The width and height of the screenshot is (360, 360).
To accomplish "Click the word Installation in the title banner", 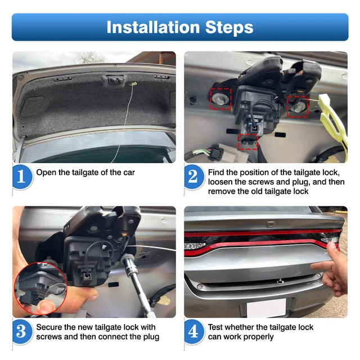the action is [x=153, y=28].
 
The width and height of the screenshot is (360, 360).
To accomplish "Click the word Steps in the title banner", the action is [x=229, y=28].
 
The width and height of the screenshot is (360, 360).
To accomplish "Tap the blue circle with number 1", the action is [x=22, y=177].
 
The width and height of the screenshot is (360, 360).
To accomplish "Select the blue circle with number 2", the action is [x=193, y=177].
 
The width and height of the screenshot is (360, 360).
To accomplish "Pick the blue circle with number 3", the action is [x=22, y=331].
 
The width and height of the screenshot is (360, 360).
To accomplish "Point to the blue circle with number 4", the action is [x=193, y=331].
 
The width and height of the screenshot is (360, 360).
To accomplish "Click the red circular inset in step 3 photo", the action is [x=40, y=289].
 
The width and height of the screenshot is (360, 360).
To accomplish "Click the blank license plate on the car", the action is [x=266, y=308].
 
